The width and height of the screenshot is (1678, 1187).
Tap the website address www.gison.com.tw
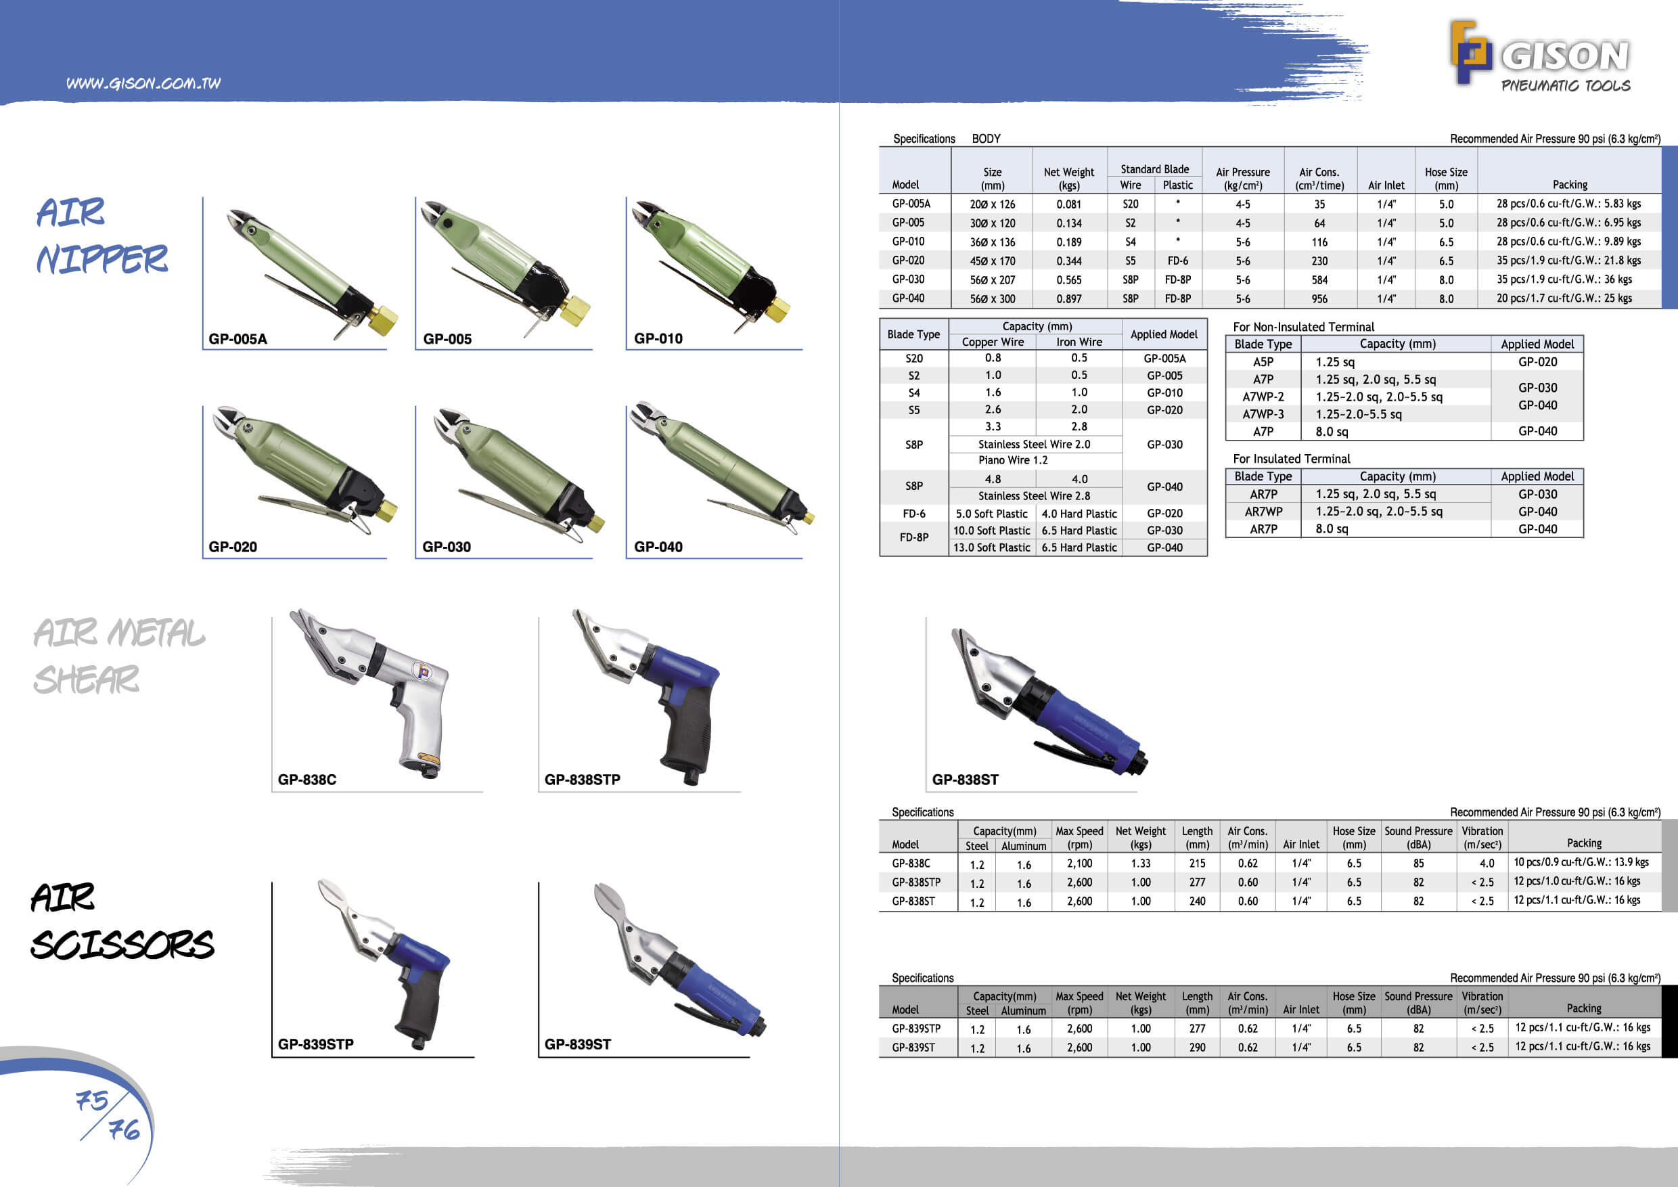143,83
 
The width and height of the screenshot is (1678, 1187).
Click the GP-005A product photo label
237,339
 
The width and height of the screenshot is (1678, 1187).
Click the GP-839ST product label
577,1044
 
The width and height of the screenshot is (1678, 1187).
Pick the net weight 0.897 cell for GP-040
1068,299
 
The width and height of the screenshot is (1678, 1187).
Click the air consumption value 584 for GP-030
1319,280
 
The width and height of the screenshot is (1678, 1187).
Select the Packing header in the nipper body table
1570,185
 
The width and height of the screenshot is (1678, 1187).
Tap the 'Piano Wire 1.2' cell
1013,460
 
